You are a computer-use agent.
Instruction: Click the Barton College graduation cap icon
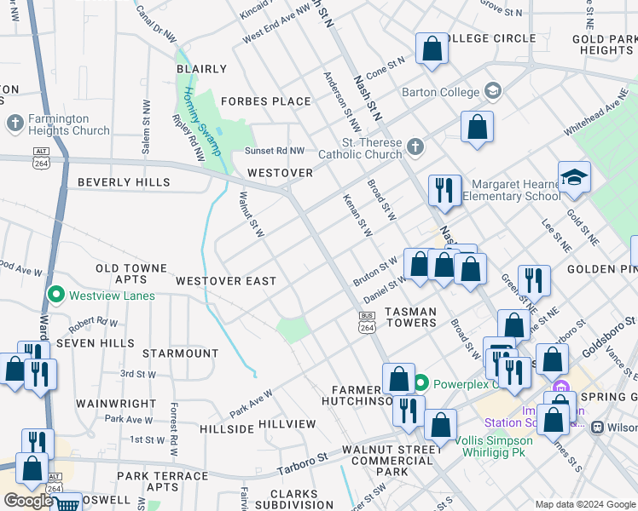(x=492, y=90)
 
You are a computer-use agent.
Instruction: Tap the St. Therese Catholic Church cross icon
(x=415, y=147)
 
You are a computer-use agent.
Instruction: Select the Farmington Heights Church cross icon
(x=14, y=124)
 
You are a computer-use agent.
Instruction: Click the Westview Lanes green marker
(x=56, y=296)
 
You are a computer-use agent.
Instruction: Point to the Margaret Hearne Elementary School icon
(x=575, y=177)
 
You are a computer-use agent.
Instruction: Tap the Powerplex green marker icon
(x=421, y=382)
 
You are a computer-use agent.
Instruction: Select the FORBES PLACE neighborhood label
(x=265, y=101)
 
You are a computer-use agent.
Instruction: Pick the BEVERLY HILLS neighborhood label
(x=123, y=182)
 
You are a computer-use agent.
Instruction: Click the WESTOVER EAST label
(x=226, y=281)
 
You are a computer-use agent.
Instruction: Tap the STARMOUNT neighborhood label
(x=180, y=353)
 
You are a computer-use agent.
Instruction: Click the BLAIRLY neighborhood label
(x=201, y=69)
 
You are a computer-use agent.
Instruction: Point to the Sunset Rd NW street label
(x=275, y=151)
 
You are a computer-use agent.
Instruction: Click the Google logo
(x=28, y=501)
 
